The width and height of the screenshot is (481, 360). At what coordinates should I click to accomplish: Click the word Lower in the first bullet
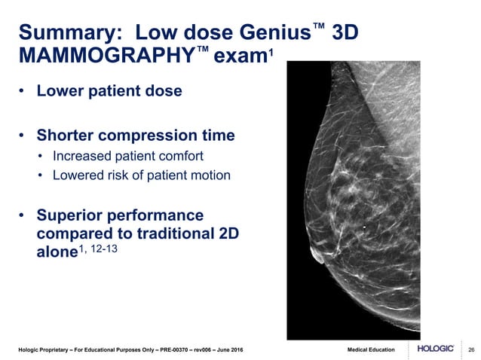(x=62, y=92)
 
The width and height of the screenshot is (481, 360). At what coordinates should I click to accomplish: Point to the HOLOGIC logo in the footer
(x=435, y=350)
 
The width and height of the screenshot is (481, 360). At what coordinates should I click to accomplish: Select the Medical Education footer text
(x=371, y=351)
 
